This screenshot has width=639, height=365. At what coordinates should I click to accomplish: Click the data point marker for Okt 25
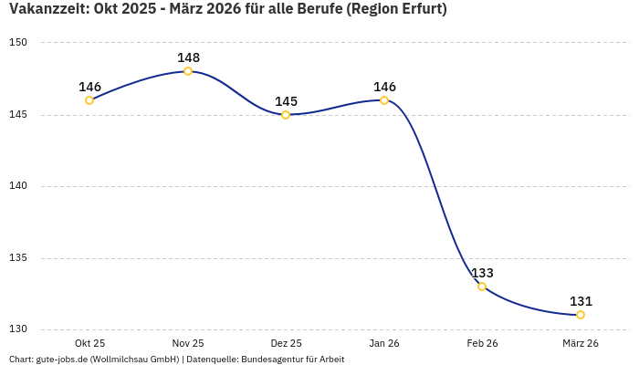(x=89, y=100)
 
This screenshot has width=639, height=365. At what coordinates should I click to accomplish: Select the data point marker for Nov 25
(x=188, y=71)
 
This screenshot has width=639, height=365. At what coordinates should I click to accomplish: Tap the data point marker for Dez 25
(x=286, y=115)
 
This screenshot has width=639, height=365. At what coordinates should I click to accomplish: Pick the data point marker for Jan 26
(x=384, y=100)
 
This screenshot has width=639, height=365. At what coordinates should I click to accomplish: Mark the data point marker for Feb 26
(x=482, y=287)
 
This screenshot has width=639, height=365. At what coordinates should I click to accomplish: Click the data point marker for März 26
(x=581, y=315)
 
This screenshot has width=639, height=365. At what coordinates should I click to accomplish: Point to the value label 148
(x=188, y=57)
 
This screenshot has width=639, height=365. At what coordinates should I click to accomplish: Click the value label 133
(x=482, y=273)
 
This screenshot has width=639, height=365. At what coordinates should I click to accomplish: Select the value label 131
(x=581, y=301)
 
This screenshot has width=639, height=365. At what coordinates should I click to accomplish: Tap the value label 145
(x=286, y=101)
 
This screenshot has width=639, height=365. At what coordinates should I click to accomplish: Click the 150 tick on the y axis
(x=18, y=43)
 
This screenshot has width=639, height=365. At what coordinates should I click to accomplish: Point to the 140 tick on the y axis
(x=18, y=186)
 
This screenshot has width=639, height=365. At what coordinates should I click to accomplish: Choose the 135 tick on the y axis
(x=18, y=258)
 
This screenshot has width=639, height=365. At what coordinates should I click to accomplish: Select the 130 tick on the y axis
(x=18, y=329)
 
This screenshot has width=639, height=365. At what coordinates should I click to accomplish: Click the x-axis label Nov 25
(x=188, y=343)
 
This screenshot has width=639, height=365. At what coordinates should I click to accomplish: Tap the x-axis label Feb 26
(x=482, y=343)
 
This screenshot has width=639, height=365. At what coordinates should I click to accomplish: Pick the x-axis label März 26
(x=581, y=343)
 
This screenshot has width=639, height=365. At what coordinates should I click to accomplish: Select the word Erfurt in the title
(x=420, y=10)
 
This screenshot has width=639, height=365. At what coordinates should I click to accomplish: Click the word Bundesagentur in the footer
(x=277, y=360)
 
